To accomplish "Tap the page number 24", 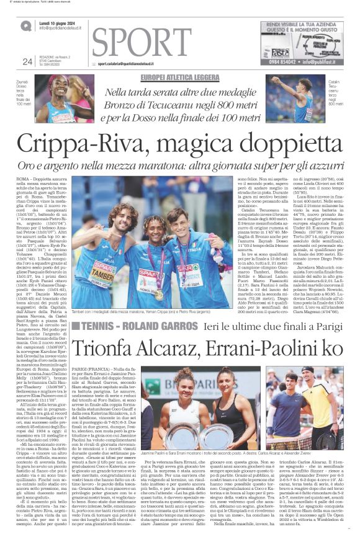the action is [27, 61].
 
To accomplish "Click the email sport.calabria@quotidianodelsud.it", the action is [134, 63].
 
